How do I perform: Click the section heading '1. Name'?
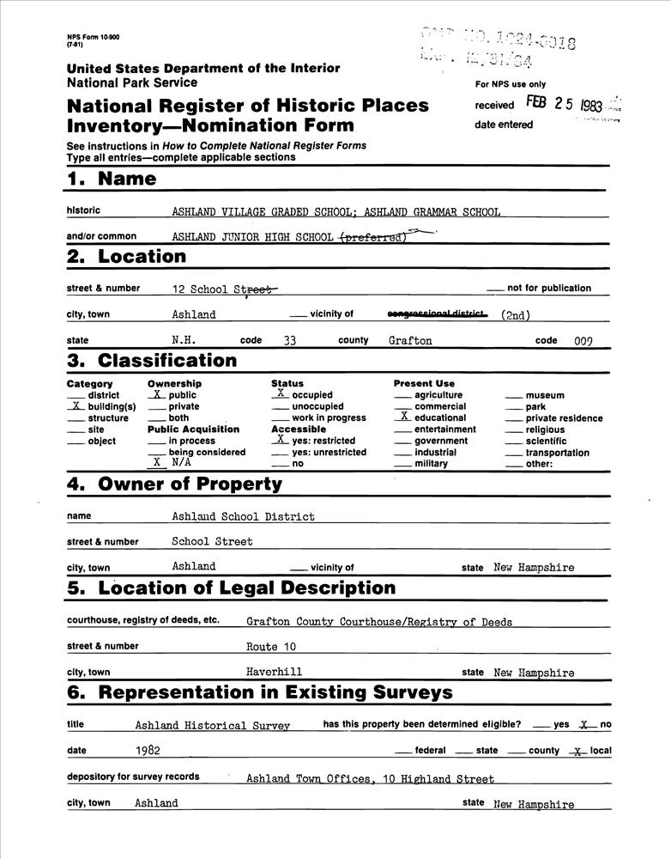coord(112,180)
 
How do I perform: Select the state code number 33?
coord(289,340)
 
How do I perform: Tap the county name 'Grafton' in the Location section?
coord(410,340)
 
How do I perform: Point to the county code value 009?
coord(583,340)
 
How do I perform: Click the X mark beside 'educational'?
coord(405,417)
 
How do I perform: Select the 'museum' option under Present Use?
coord(545,395)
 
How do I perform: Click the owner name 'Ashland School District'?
coord(243,517)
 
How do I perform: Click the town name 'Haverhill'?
coord(274,672)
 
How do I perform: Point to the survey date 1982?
coord(148,751)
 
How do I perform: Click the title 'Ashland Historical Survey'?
coord(212,725)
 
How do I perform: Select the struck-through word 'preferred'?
coord(372,237)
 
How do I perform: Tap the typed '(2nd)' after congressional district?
coord(516,315)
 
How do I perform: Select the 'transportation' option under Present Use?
coord(557,453)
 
